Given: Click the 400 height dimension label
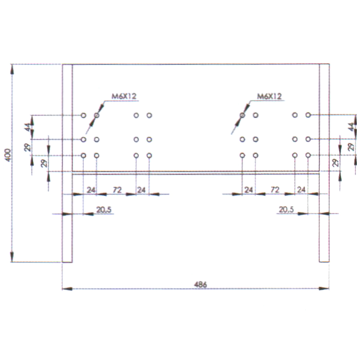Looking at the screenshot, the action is [x=8, y=155].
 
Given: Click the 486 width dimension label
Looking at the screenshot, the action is [x=200, y=285].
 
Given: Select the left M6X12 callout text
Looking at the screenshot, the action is [x=124, y=96].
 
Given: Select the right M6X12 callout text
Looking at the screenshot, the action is [x=269, y=96].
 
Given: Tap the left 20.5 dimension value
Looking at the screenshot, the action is [x=104, y=210].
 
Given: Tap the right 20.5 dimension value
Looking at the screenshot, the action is [x=286, y=209].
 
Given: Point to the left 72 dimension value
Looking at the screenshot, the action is [x=117, y=190].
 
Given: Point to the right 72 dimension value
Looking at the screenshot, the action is [x=275, y=189].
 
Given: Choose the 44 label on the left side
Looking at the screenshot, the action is [x=27, y=127].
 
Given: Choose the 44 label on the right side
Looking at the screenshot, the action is [x=351, y=127].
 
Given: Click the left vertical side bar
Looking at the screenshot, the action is [x=67, y=163].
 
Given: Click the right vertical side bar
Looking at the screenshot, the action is [x=324, y=163].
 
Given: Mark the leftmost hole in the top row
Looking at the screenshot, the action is [x=84, y=115].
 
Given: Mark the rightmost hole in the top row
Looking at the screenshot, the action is [x=308, y=115].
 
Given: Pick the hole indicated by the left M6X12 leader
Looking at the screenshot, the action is [x=97, y=115].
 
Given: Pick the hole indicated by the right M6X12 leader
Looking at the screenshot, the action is [x=242, y=115].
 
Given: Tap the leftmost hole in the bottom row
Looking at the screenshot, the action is [x=84, y=156].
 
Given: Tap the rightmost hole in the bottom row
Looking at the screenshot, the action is [x=308, y=155].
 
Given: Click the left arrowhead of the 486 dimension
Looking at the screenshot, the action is [x=67, y=288].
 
